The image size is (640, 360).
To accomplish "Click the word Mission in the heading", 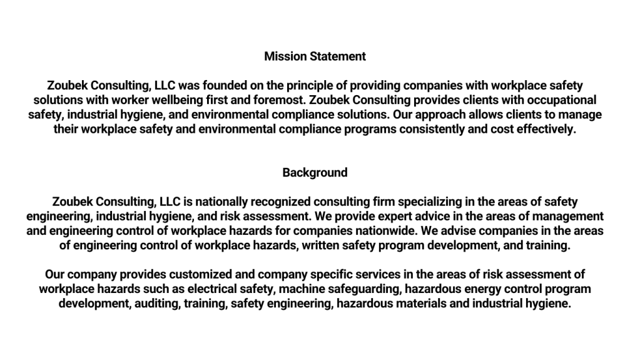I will coord(282,56).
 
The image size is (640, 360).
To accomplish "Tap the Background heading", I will coord(315,172).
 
